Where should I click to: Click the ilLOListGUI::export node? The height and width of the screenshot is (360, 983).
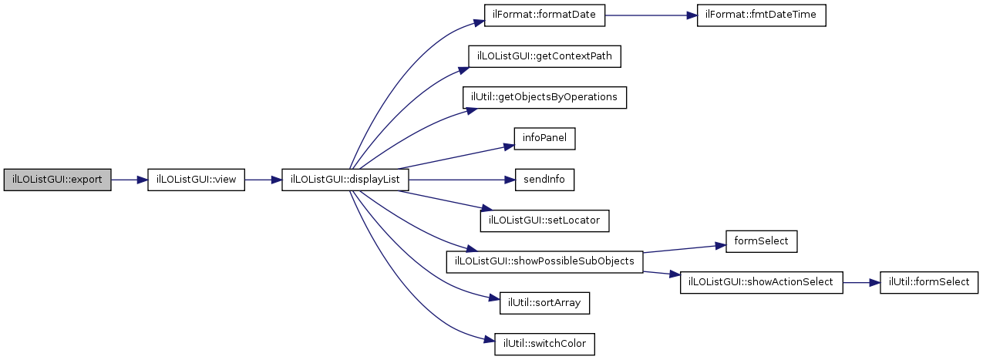58,180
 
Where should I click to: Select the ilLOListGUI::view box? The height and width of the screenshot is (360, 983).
196,180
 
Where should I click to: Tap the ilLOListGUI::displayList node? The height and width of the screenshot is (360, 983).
345,180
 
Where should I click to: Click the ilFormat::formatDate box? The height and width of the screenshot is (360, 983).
545,15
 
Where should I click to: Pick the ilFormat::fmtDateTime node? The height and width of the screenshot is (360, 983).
761,15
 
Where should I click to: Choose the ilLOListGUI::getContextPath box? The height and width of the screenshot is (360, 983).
545,56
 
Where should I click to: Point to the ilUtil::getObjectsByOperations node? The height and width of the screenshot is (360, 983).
544,97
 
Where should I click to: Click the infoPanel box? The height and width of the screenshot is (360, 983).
545,139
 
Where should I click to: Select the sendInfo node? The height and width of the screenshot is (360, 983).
545,180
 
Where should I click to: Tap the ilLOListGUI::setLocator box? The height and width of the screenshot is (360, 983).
545,220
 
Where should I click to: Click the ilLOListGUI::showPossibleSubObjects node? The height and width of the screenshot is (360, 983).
544,261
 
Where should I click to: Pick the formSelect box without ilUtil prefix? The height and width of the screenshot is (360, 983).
760,241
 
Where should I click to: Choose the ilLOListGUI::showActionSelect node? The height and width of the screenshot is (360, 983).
761,282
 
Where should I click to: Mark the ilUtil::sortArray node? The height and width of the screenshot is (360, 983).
545,303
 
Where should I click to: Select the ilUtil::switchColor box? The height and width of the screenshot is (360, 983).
545,344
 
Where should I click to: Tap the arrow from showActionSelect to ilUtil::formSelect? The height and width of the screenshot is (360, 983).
860,282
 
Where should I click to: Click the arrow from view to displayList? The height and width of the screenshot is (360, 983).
263,180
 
